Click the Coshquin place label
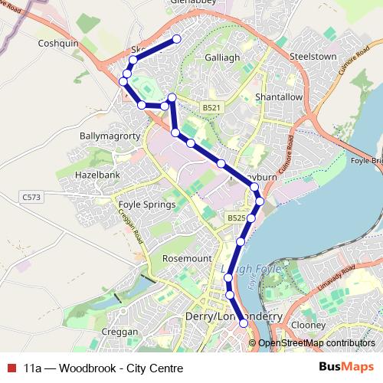click(x=59, y=44)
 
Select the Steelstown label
click(x=313, y=57)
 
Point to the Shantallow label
click(x=280, y=98)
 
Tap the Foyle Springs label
click(x=146, y=205)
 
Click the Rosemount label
click(x=186, y=259)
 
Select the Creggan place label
click(x=119, y=332)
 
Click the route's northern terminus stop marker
click(x=177, y=39)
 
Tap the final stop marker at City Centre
click(x=244, y=323)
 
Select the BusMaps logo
click(x=349, y=368)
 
